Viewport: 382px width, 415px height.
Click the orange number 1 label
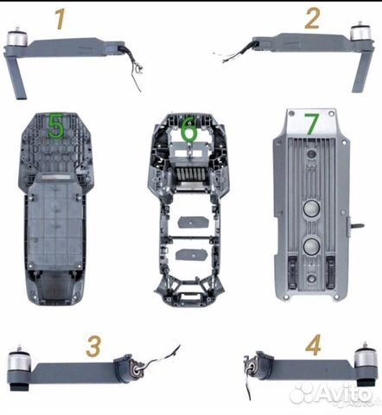(60, 18)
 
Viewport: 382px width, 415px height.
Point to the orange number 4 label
(313, 347)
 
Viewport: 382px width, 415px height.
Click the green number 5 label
(55, 129)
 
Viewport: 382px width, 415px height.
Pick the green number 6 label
(189, 131)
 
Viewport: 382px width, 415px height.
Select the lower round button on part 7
(310, 248)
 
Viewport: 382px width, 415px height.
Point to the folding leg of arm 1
(18, 76)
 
